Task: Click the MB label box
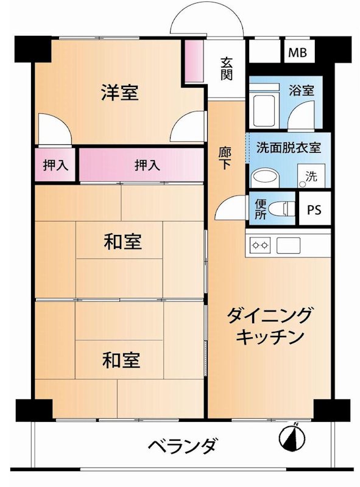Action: (298, 53)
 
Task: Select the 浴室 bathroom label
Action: (302, 91)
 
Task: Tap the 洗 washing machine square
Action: (311, 177)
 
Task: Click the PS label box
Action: (314, 209)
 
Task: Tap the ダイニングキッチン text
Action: (270, 326)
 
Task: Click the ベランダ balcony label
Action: (182, 447)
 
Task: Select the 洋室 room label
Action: (119, 93)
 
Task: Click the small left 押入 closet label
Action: (55, 164)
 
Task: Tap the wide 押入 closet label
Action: (147, 164)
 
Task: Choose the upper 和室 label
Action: (122, 242)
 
